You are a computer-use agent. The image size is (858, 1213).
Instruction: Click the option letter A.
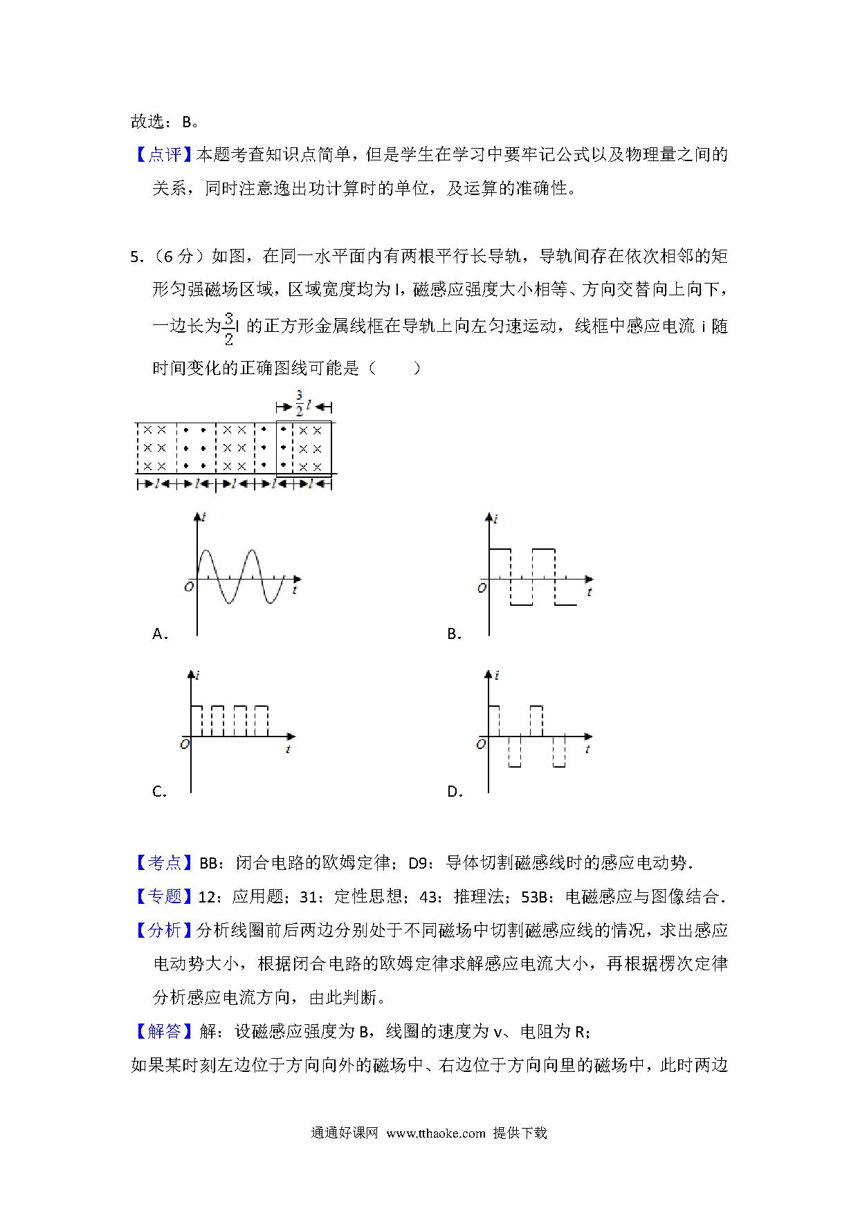[158, 633]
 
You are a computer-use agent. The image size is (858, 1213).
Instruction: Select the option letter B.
[453, 633]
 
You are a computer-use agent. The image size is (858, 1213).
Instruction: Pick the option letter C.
[158, 792]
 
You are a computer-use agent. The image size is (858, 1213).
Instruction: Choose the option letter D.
[454, 792]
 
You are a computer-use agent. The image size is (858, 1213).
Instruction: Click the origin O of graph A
[188, 587]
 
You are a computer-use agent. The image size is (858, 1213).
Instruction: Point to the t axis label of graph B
[589, 593]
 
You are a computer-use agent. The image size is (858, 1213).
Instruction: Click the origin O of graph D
[481, 745]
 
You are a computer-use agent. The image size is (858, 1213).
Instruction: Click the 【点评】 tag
[164, 155]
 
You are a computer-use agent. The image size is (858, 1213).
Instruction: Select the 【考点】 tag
[164, 862]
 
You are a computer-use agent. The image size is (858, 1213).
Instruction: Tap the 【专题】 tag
[164, 896]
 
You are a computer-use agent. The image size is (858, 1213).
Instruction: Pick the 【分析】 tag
[164, 930]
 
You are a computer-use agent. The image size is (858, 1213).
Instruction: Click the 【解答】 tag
[164, 1032]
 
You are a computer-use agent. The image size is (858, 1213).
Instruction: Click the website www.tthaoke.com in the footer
[436, 1133]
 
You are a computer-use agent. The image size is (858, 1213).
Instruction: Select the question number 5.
[135, 257]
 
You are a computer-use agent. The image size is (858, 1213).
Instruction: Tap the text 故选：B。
[165, 122]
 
